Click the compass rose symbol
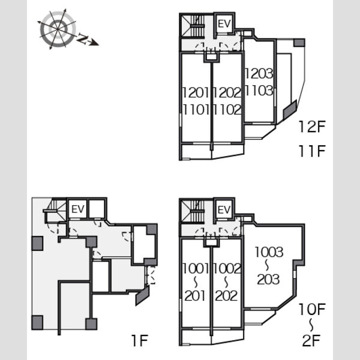coord(58,29)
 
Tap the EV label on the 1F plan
coord(78,209)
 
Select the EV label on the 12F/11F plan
coord(224,24)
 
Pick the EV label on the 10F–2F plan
coord(224,210)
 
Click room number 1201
coord(196,92)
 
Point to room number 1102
coord(227,110)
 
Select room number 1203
coord(259,73)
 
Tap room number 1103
coord(259,90)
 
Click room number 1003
coord(269,252)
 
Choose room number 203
coord(268,280)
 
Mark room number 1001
coord(196,268)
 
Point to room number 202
coord(226,296)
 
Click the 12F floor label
coord(312,127)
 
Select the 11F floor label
coord(312,151)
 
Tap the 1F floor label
coord(139,340)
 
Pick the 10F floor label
coord(312,309)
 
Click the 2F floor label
coord(311,340)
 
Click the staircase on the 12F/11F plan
coord(193,26)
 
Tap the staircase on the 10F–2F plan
coord(193,212)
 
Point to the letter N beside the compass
coord(82,38)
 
